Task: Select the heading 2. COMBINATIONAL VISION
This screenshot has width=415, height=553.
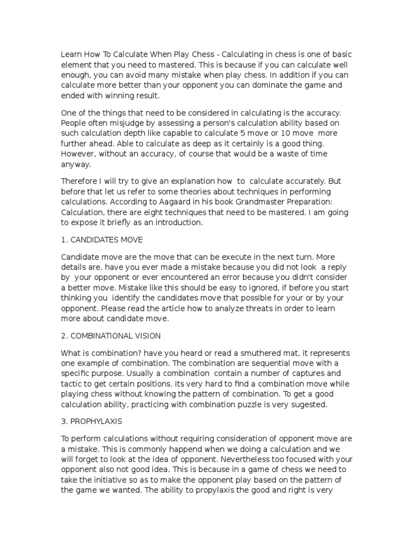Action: (110, 336)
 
